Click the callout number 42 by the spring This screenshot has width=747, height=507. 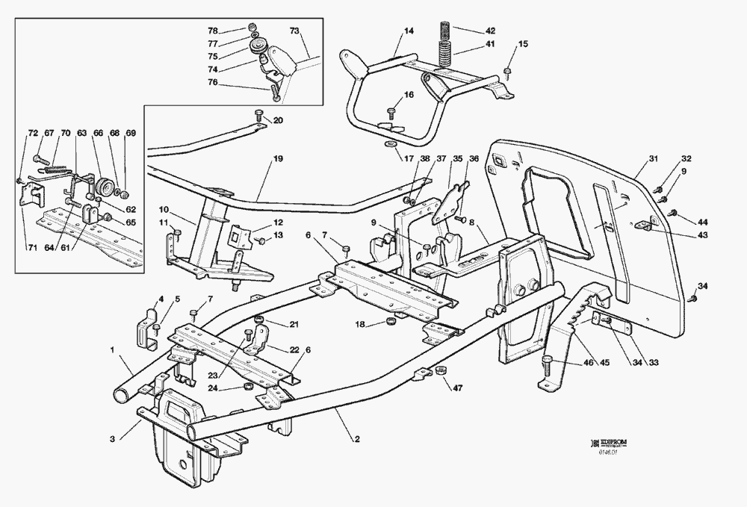pos(490,31)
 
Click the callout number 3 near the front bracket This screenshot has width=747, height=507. pos(112,440)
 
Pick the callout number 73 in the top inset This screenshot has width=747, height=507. pos(294,31)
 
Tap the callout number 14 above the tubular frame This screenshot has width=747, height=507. pos(409,31)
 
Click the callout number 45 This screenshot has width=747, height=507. pos(604,364)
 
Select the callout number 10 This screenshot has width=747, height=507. pos(164,210)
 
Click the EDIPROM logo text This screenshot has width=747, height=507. pos(612,443)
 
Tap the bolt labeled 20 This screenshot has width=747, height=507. pos(259,116)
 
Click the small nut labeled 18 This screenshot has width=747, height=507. pos(388,322)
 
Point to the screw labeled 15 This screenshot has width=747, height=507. pos(507,72)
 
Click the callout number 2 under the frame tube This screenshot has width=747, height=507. pos(357,440)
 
